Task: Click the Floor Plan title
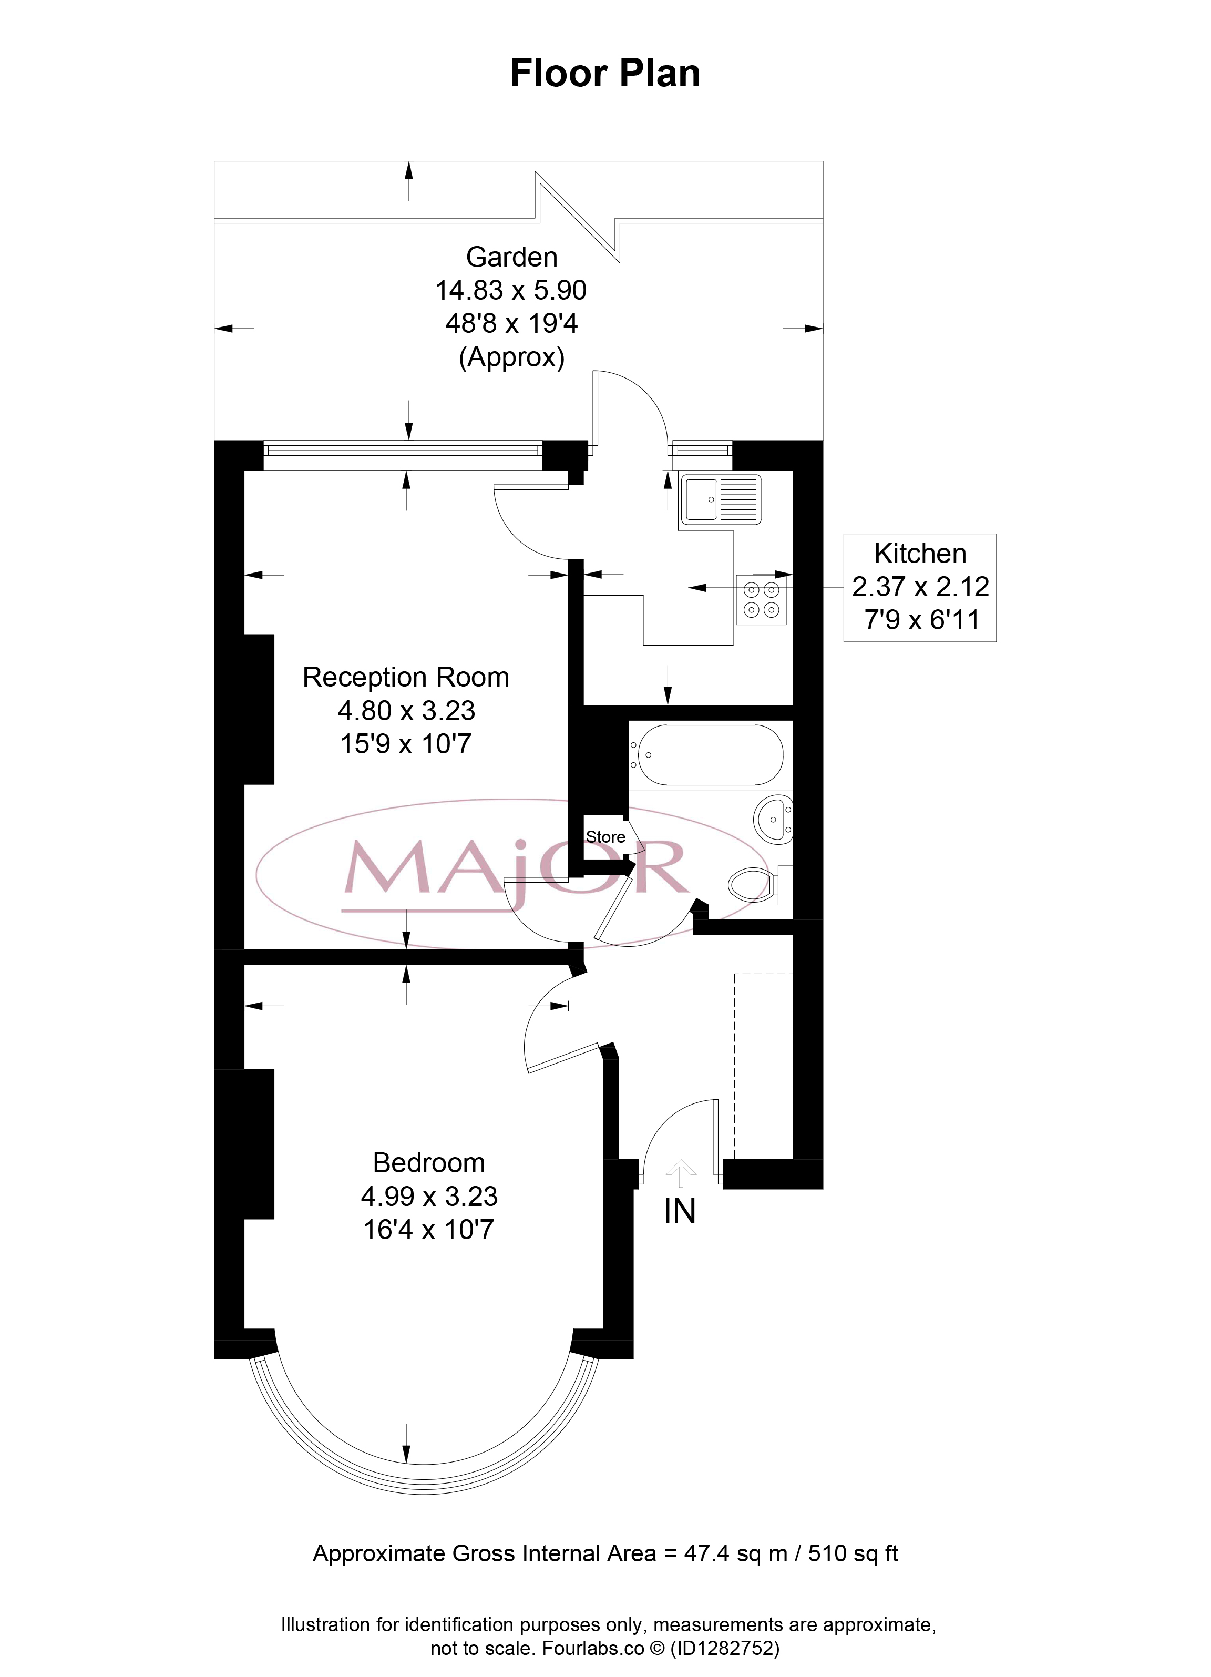coord(605,73)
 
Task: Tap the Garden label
coord(511,257)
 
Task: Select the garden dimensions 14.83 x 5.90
coord(511,290)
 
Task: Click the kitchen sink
coord(720,500)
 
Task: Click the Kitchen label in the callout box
coord(920,553)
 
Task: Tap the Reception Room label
coord(406,677)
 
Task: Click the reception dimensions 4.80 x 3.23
coord(406,711)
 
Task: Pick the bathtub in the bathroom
coord(706,754)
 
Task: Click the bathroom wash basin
coord(773,819)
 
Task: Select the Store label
coord(605,837)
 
